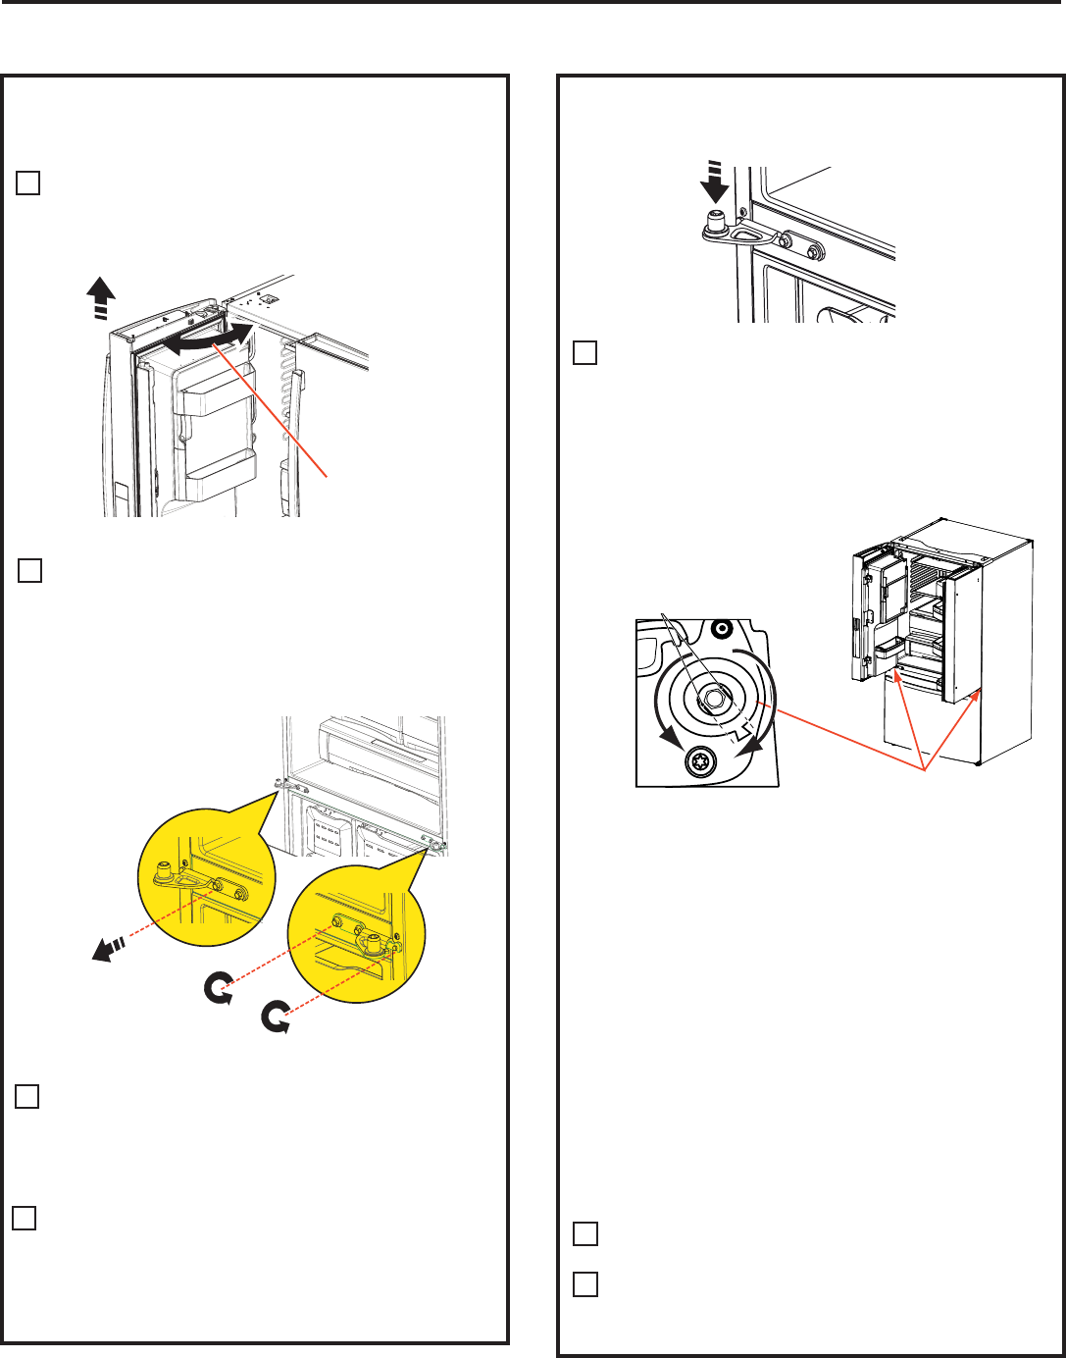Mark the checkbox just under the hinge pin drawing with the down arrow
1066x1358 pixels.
click(x=584, y=352)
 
